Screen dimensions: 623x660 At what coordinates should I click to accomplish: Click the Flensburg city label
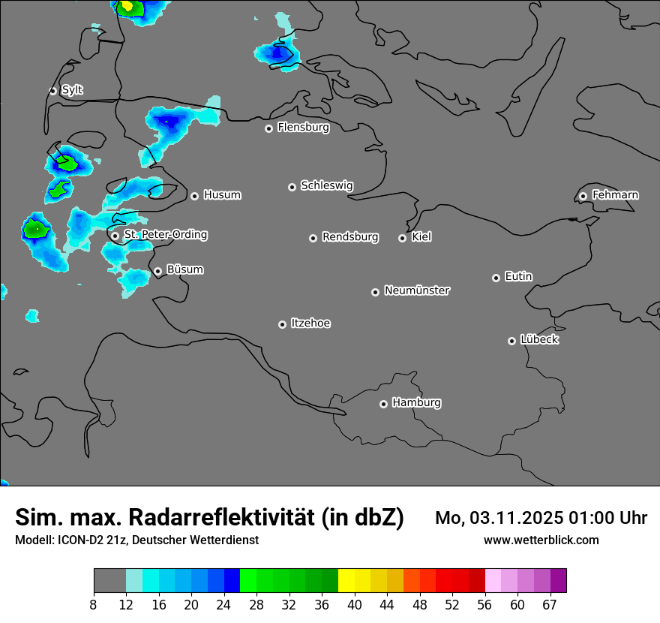point(303,128)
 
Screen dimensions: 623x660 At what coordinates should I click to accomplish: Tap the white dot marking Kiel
point(402,238)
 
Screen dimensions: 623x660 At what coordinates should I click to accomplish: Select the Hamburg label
point(416,403)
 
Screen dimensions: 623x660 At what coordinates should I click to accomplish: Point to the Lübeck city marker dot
point(511,341)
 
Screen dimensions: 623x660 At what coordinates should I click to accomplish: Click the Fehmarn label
point(615,195)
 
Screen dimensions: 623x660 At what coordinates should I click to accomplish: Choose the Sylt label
point(72,90)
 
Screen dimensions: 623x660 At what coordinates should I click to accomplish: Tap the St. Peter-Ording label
point(165,235)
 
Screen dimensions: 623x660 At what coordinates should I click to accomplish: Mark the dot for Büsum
point(157,272)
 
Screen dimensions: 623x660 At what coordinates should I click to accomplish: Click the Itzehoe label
point(310,324)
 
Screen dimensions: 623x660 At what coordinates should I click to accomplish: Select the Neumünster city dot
point(375,292)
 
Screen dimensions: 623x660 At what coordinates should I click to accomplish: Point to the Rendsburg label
point(350,237)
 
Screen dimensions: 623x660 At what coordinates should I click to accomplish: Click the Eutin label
point(518,277)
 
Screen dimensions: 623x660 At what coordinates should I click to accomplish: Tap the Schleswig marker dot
point(292,187)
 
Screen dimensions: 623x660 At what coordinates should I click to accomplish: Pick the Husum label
point(222,195)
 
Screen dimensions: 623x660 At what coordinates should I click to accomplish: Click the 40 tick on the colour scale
point(354,605)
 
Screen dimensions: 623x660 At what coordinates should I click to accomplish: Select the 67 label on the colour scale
point(550,605)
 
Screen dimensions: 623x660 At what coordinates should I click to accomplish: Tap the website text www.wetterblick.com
point(541,540)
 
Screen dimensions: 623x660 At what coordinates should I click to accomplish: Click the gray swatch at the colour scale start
point(109,581)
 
